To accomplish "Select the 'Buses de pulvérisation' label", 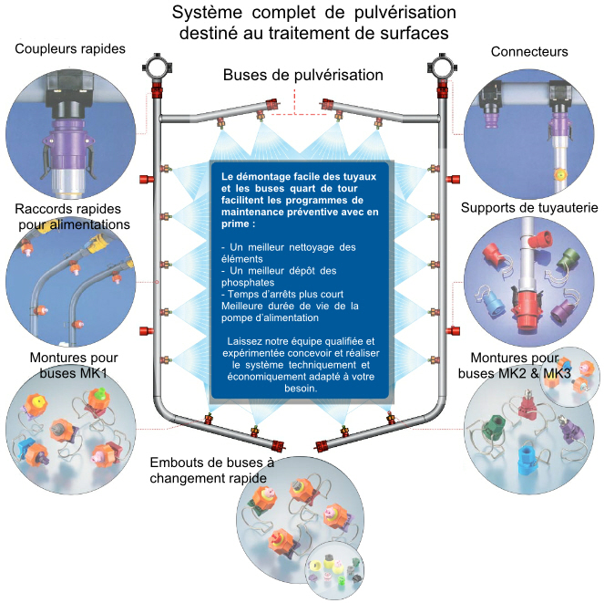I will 303,75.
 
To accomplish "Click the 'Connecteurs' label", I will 529,52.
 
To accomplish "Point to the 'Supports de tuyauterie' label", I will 529,208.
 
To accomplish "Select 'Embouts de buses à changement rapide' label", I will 210,471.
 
